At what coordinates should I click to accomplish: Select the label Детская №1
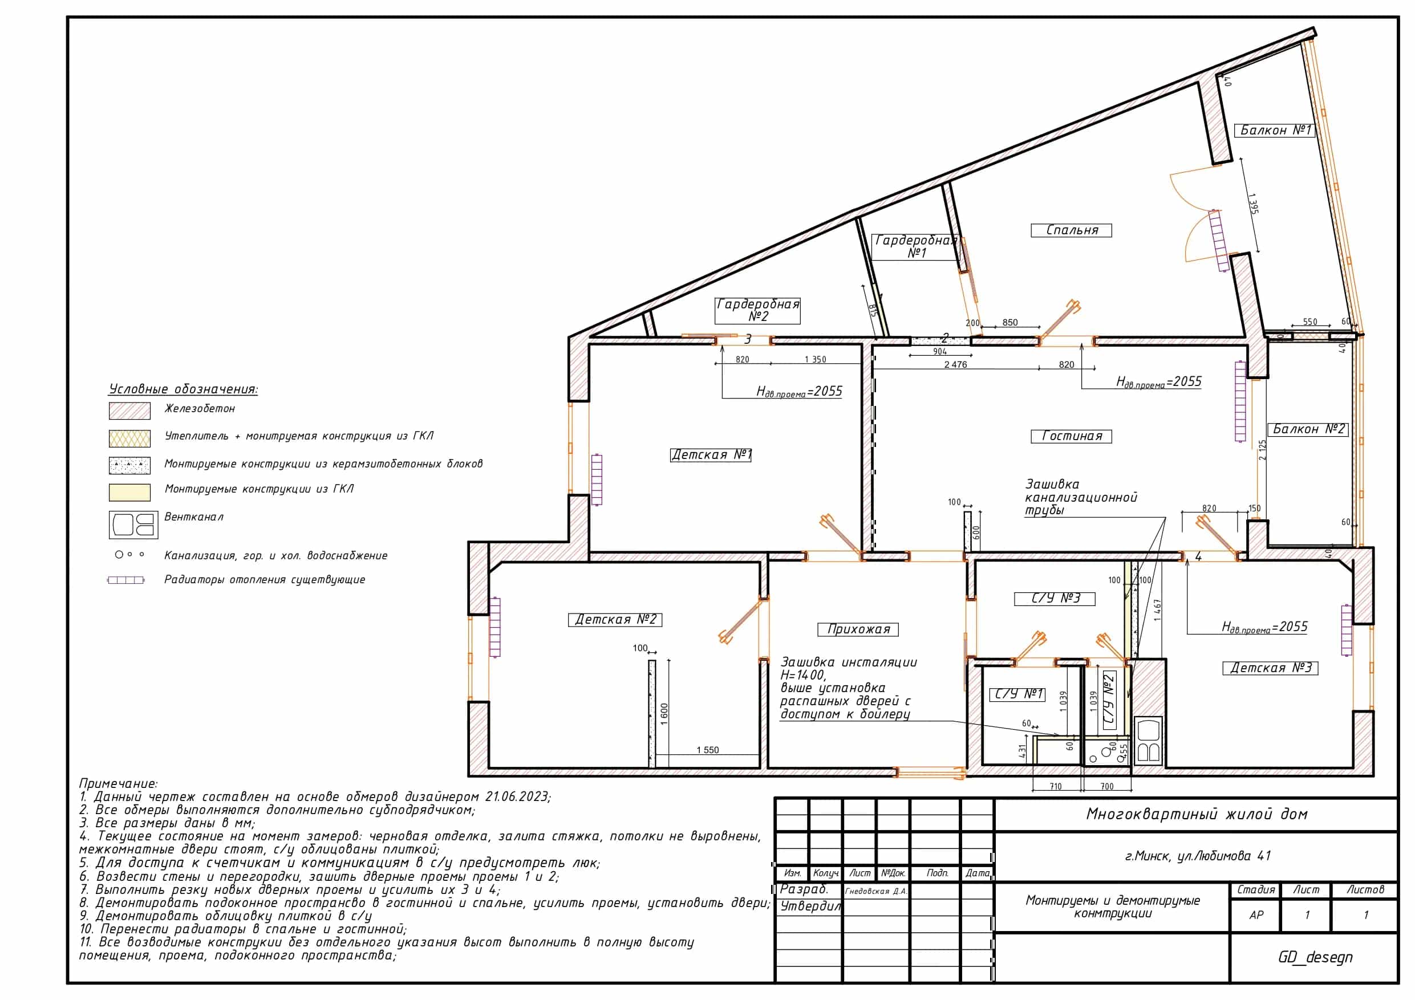(x=711, y=456)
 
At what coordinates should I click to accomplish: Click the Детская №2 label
(x=615, y=620)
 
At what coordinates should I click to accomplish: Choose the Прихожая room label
(x=858, y=629)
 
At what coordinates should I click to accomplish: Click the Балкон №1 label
(x=1275, y=131)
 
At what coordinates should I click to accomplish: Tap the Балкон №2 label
(x=1308, y=429)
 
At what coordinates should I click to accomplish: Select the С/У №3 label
(x=1055, y=599)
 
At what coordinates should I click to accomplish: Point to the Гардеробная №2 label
(x=757, y=311)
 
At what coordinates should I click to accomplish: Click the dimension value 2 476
(x=955, y=365)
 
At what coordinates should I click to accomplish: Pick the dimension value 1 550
(x=707, y=750)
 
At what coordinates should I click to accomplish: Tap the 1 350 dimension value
(x=816, y=360)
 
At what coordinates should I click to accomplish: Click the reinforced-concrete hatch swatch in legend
(x=129, y=411)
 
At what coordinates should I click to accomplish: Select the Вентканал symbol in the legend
(x=133, y=525)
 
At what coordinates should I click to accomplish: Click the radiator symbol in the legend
(x=125, y=580)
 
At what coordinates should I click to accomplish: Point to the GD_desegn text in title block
(x=1315, y=957)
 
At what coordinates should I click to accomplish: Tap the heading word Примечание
(x=118, y=784)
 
